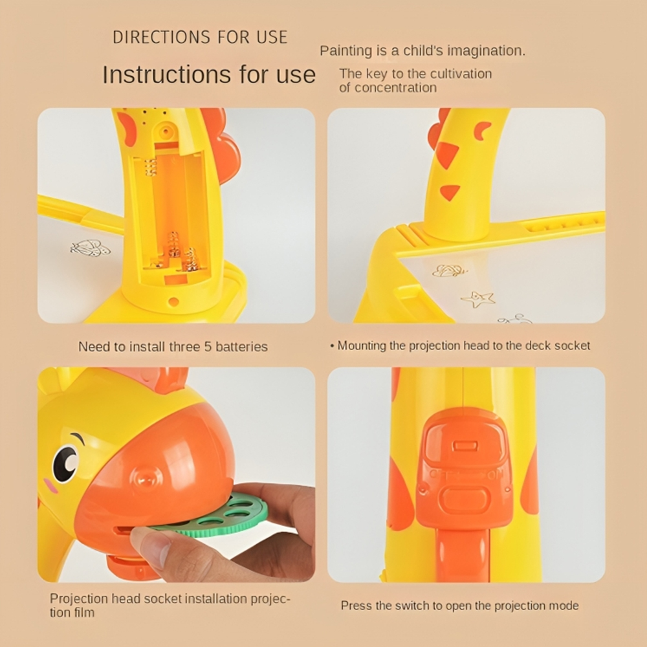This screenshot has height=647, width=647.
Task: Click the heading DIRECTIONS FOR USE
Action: coord(200,37)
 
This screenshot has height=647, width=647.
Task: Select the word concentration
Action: coord(395,87)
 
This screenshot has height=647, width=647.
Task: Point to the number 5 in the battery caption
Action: coord(208,347)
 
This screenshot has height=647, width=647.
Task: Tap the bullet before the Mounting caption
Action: coord(332,345)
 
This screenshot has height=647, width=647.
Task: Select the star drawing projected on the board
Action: coord(478,299)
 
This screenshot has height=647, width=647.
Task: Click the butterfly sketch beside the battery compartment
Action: coord(91,248)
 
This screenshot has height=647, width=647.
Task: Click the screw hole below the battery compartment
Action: coord(173,302)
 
